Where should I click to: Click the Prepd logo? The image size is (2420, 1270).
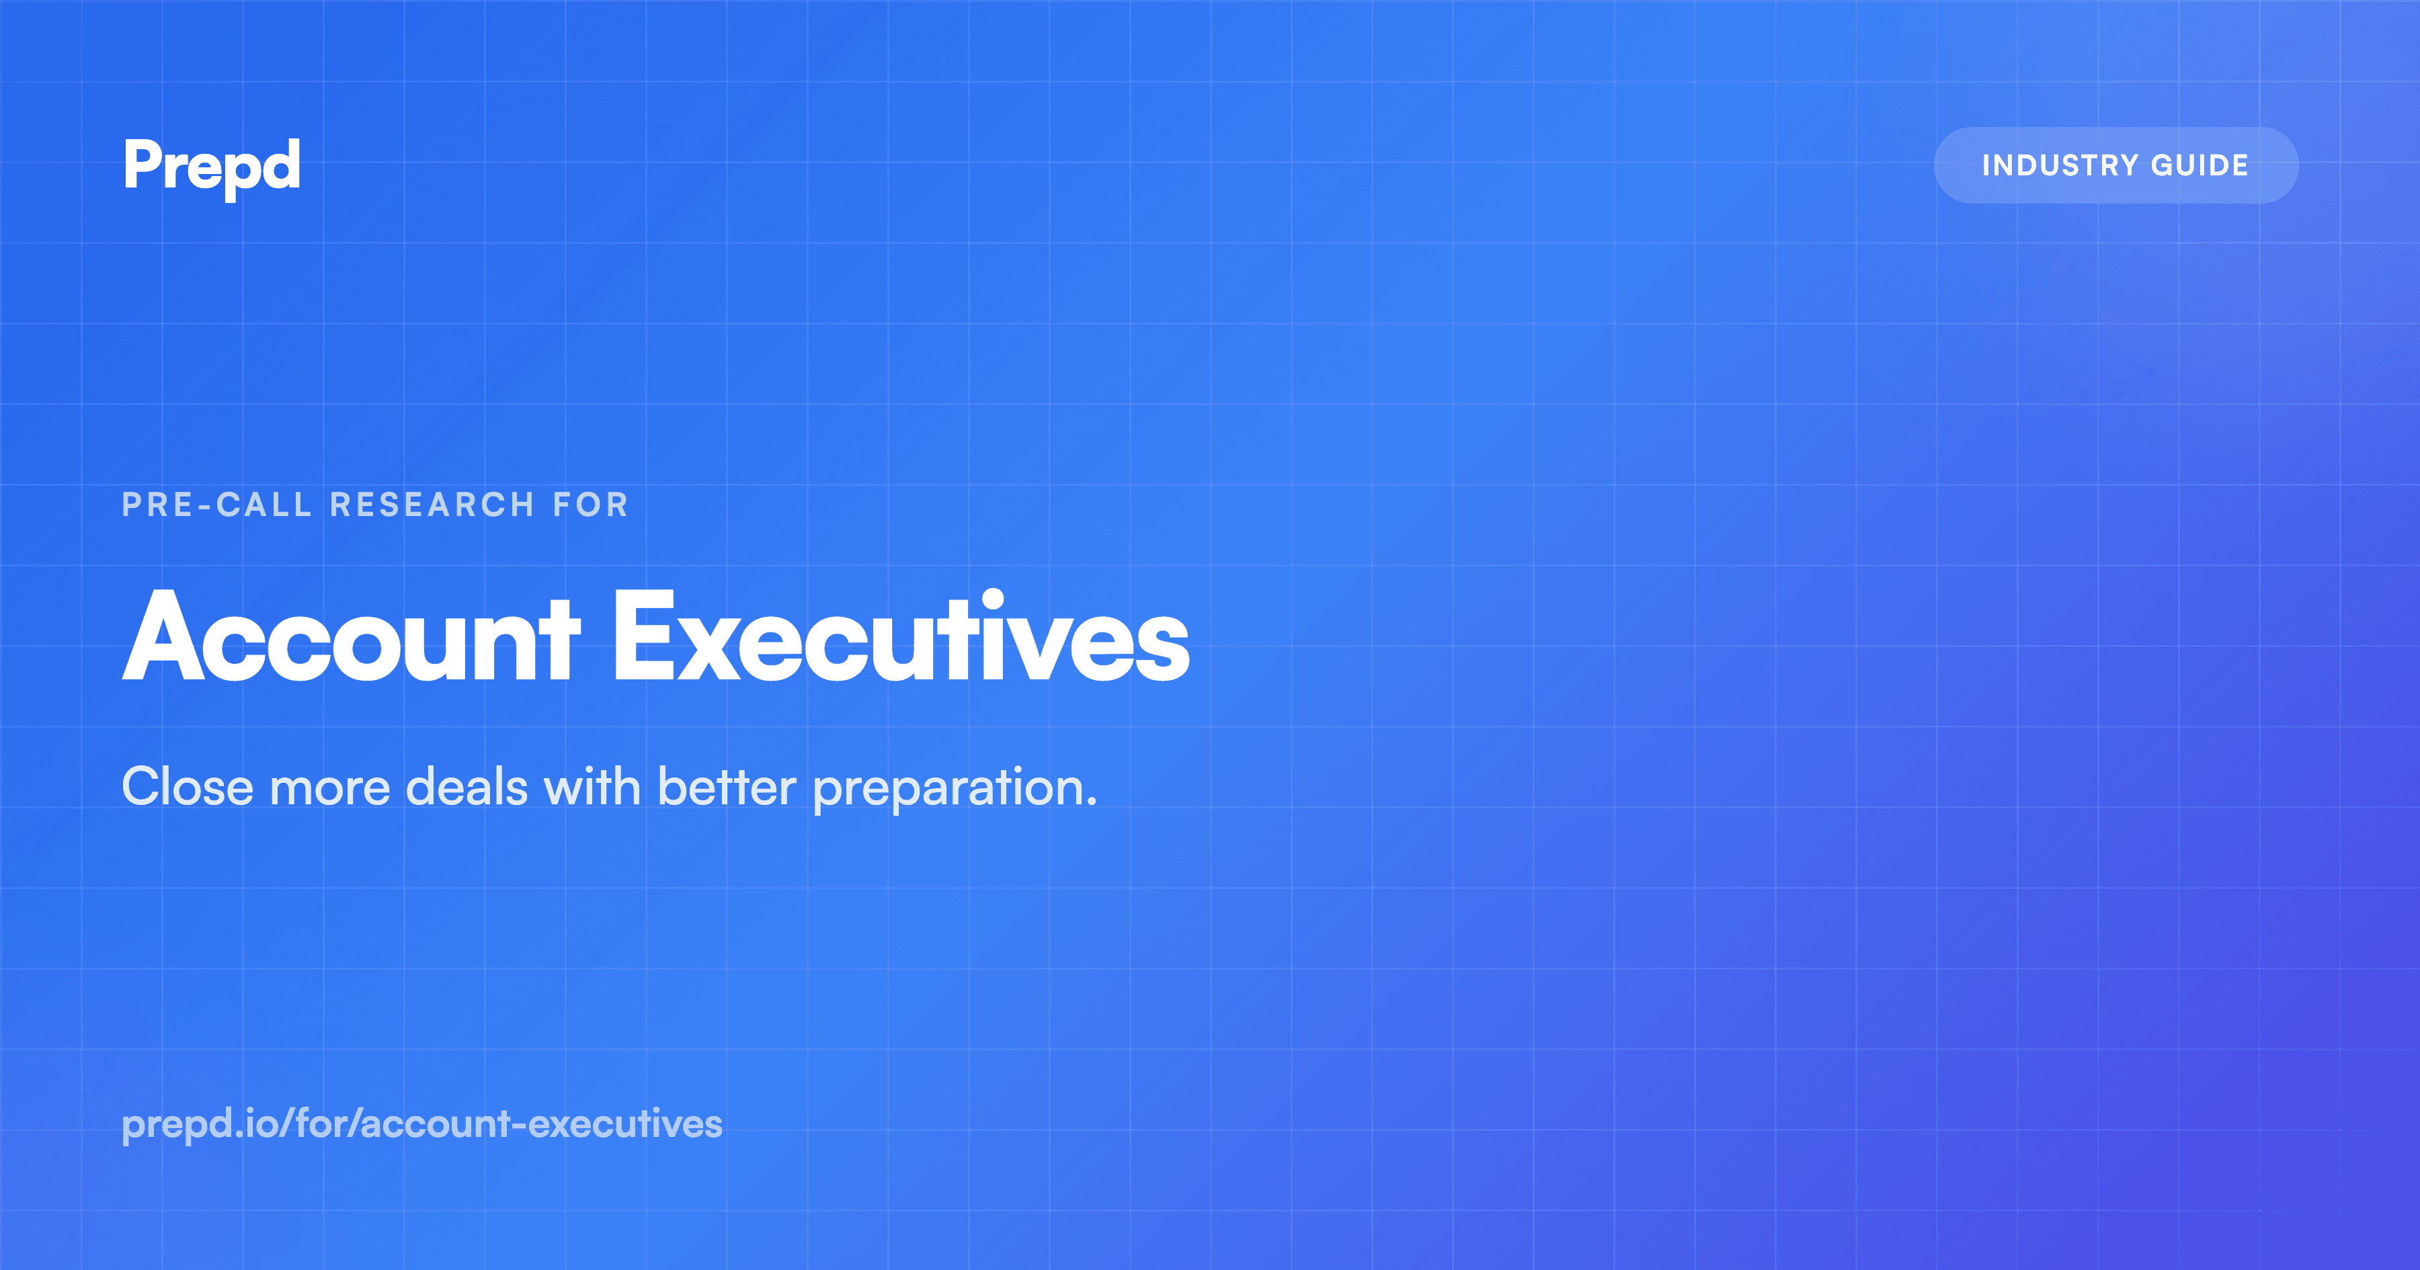click(211, 166)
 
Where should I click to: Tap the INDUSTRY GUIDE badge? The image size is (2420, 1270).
click(2115, 165)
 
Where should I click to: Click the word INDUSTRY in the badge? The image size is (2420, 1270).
click(2059, 165)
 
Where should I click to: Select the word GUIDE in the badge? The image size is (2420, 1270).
click(2200, 165)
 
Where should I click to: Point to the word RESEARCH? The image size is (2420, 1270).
click(432, 505)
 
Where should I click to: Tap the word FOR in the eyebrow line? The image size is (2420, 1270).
click(590, 505)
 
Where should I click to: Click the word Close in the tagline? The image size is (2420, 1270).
click(188, 787)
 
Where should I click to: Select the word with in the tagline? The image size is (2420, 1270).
click(592, 787)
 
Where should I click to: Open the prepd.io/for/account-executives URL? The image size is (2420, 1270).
click(421, 1124)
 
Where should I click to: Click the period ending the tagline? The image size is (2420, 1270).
click(1092, 804)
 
